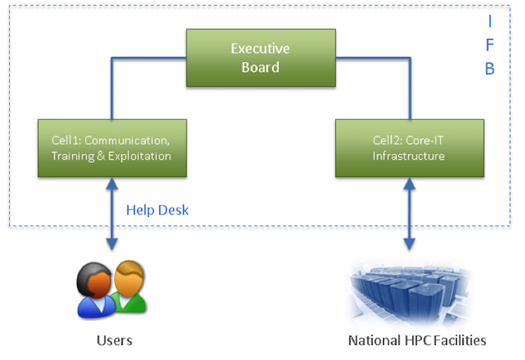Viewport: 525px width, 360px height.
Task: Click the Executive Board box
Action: coord(261,58)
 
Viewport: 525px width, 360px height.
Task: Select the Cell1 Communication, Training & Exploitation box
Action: coord(112,148)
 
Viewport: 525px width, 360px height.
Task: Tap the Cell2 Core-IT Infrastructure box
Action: coord(409,148)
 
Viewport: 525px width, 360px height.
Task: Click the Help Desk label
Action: coord(157,210)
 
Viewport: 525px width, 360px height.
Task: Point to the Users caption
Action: coord(115,340)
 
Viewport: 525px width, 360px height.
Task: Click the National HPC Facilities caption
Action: coord(417,340)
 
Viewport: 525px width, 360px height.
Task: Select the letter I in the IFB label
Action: coord(490,21)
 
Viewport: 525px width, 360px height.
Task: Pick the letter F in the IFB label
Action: coord(490,45)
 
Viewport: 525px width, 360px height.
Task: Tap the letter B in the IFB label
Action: coord(490,69)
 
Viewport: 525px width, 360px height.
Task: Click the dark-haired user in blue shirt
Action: coord(95,291)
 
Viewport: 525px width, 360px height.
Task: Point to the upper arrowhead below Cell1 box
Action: coord(112,184)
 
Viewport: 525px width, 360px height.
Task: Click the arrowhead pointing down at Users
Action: coord(112,244)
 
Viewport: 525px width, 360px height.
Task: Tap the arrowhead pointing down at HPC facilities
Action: coord(409,244)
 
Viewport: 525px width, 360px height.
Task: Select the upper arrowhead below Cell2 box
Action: coord(409,184)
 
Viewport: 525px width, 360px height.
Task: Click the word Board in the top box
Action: coord(260,67)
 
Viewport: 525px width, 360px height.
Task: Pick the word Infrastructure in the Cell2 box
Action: coord(409,156)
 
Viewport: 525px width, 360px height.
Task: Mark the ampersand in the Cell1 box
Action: coord(100,156)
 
